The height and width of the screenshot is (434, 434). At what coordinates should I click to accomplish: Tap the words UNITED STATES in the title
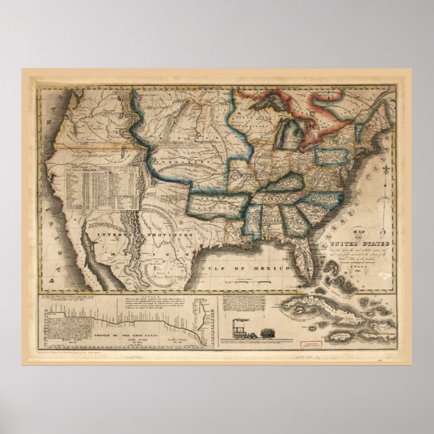[357, 244]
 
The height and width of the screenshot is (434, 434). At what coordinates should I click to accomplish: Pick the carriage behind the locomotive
[264, 332]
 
